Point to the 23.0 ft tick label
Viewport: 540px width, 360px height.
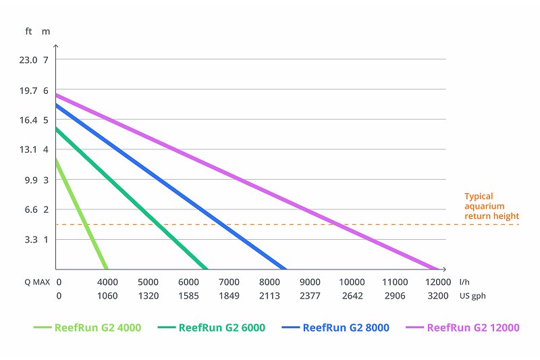click(x=28, y=59)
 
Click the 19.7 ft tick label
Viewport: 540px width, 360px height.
click(x=28, y=90)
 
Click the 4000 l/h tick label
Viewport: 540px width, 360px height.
click(x=107, y=282)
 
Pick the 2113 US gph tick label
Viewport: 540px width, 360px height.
click(x=270, y=295)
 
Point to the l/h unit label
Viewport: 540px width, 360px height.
click(x=464, y=282)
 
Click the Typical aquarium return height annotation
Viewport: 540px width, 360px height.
click(x=491, y=206)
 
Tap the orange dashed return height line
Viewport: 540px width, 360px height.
click(x=405, y=224)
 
